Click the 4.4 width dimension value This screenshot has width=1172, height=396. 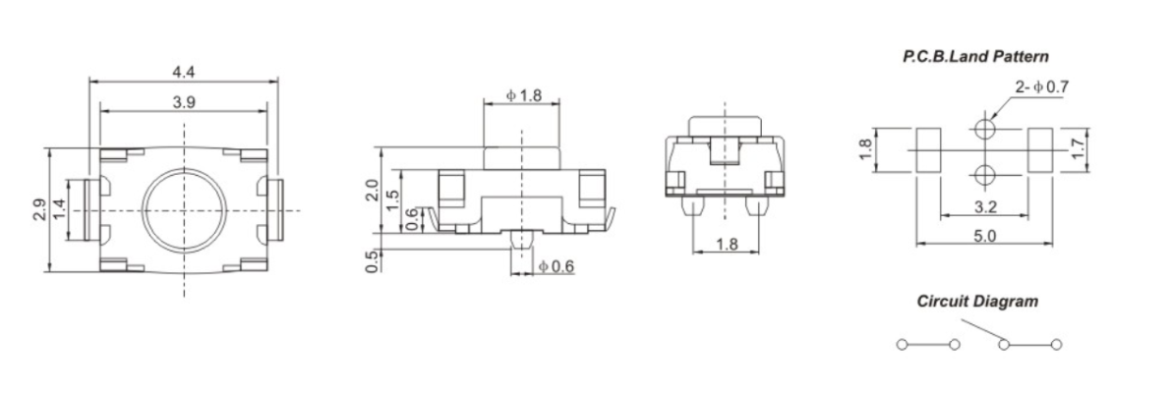(184, 72)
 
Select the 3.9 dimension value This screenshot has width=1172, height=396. (184, 103)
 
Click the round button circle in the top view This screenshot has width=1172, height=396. (183, 210)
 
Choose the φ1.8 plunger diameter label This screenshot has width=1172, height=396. (523, 95)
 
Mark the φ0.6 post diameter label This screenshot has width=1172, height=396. (557, 266)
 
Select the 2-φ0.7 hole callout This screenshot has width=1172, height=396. (1042, 86)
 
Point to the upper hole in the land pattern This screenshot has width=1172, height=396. (985, 128)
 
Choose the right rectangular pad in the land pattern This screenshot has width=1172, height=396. (1040, 150)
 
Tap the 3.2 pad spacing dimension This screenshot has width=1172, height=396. (984, 208)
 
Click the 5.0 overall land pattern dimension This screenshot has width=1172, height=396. (984, 236)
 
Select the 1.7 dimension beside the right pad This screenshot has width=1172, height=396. (1078, 149)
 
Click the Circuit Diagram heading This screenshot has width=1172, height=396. (976, 302)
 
